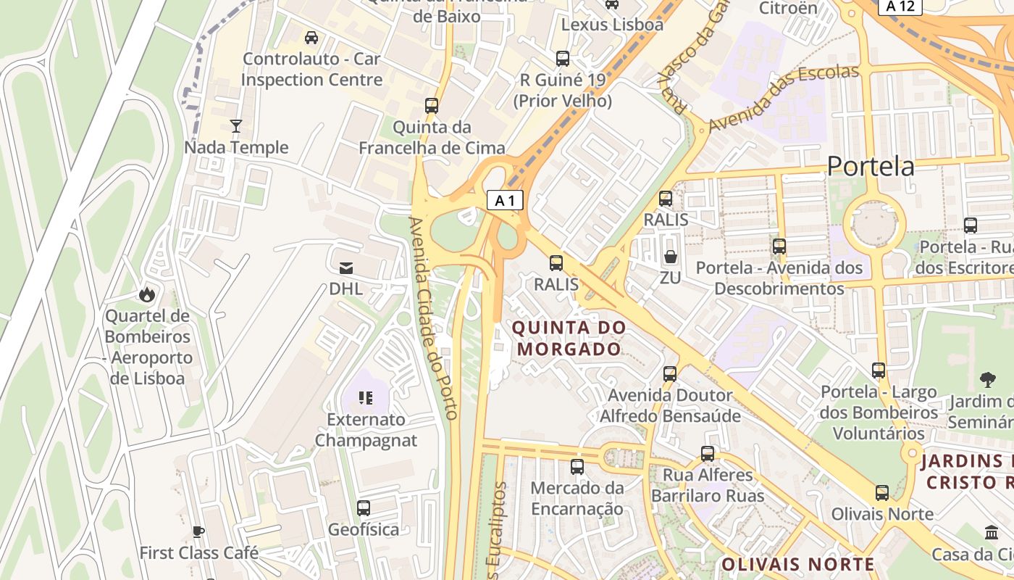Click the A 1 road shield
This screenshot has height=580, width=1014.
pyautogui.click(x=505, y=200)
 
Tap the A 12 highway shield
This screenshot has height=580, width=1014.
pyautogui.click(x=900, y=7)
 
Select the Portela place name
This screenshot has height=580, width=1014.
pyautogui.click(x=870, y=167)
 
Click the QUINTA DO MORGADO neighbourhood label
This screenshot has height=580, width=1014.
pyautogui.click(x=569, y=338)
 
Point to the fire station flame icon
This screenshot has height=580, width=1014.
pyautogui.click(x=147, y=294)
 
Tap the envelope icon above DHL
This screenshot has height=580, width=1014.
pyautogui.click(x=345, y=268)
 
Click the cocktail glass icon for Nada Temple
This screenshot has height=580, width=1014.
pyautogui.click(x=235, y=126)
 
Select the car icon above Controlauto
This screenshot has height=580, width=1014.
pyautogui.click(x=311, y=38)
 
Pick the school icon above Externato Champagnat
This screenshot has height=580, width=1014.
pyautogui.click(x=366, y=397)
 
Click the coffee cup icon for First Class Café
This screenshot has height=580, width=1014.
pyautogui.click(x=198, y=531)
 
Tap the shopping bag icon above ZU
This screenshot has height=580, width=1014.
pyautogui.click(x=671, y=257)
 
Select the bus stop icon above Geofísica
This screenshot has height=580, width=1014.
pyautogui.click(x=364, y=507)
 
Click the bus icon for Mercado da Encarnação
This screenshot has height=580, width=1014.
pyautogui.click(x=577, y=466)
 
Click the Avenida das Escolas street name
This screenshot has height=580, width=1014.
pyautogui.click(x=783, y=98)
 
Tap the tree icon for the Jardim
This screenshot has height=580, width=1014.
pyautogui.click(x=986, y=379)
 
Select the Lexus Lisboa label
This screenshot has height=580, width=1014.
pyautogui.click(x=612, y=25)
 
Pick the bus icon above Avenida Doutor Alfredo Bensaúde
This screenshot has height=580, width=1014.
pyautogui.click(x=670, y=374)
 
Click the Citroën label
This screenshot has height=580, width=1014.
pyautogui.click(x=788, y=9)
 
